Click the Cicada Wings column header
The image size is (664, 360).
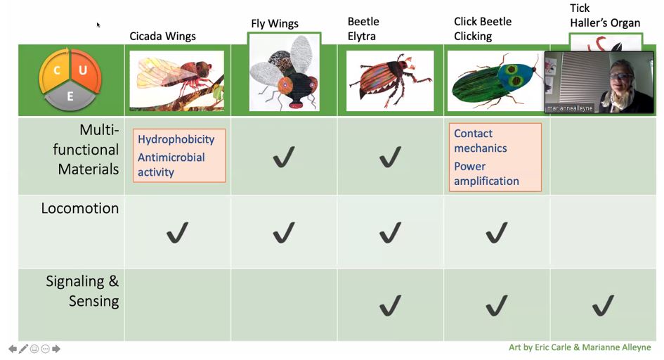tap(162, 36)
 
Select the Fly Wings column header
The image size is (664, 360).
tap(275, 23)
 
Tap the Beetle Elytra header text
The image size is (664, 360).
tap(363, 29)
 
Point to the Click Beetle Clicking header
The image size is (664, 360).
tap(483, 29)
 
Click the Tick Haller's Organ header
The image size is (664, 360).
tap(605, 15)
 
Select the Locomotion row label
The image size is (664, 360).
tap(79, 209)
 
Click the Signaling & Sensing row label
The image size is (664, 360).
tap(82, 291)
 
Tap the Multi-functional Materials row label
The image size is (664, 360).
tap(89, 149)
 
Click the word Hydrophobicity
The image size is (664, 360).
tap(176, 139)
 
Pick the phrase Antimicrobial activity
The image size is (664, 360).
tap(171, 165)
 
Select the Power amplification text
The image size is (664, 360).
tap(486, 174)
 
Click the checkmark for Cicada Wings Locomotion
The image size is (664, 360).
tap(177, 233)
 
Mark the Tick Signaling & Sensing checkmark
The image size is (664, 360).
tap(603, 305)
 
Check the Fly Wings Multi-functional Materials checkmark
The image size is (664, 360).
tap(283, 157)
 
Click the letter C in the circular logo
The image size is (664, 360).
tap(56, 70)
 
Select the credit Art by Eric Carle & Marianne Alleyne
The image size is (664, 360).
tap(580, 347)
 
